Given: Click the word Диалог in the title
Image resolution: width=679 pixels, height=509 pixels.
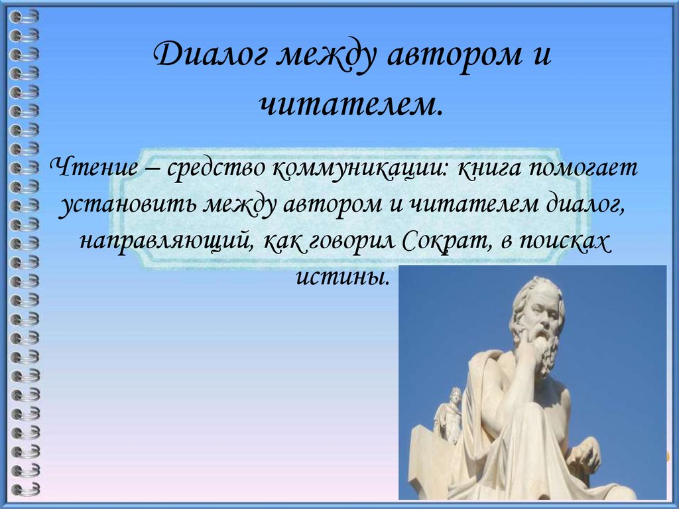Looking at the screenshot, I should (x=211, y=56).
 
